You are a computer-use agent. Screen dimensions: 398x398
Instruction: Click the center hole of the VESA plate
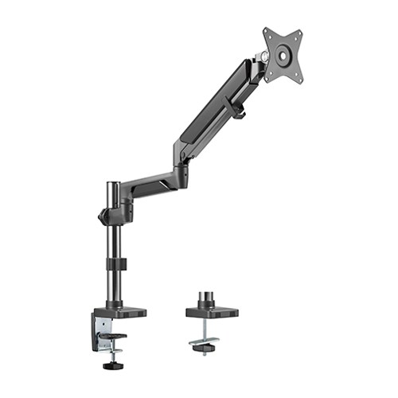[283, 55]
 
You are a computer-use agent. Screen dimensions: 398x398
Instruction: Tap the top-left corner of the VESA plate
[266, 33]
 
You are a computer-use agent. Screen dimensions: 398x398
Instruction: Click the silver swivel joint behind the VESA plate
[260, 57]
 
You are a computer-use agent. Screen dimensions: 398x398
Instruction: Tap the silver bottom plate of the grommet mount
[205, 343]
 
